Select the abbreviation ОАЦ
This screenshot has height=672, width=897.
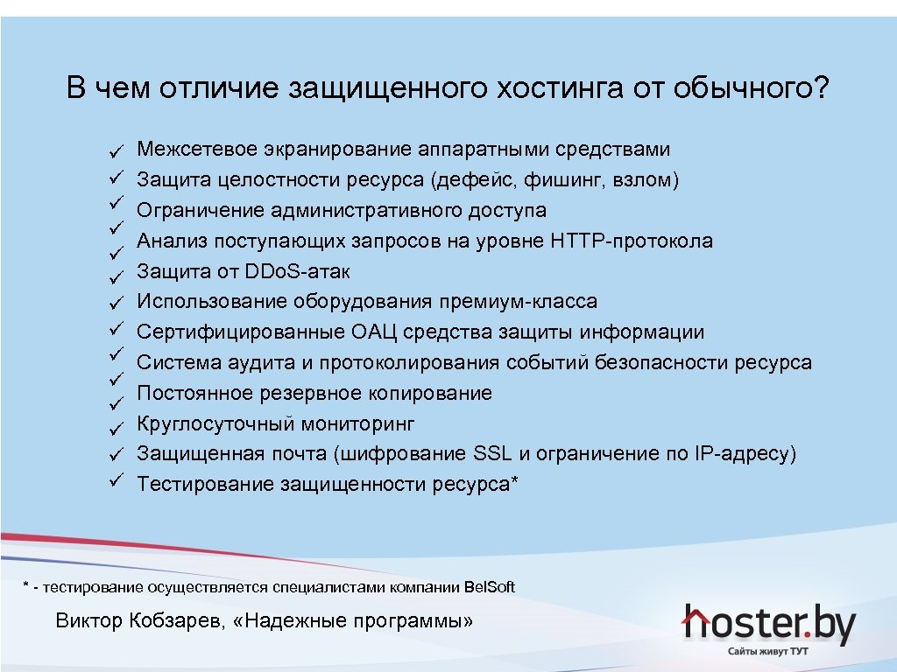point(378,332)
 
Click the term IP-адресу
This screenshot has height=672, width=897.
point(743,454)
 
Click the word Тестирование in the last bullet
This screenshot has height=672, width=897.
point(206,484)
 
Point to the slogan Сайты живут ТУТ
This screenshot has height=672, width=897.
point(768,653)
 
